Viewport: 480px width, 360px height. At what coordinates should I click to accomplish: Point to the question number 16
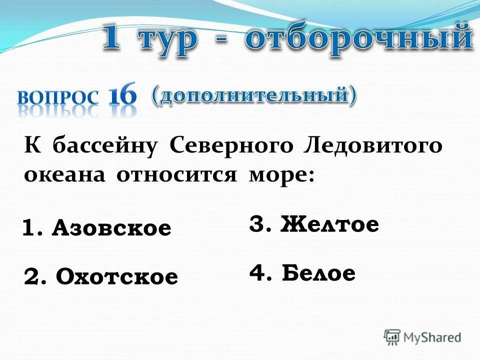tap(122, 95)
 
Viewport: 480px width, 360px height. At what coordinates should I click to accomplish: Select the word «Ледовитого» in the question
tap(372, 147)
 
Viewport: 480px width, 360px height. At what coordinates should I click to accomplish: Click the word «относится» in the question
tap(177, 175)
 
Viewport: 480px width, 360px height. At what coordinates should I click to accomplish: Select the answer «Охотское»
tap(116, 276)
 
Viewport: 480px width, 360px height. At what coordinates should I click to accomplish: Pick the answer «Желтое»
tap(329, 224)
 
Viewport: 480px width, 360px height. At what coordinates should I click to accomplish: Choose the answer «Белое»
tap(318, 273)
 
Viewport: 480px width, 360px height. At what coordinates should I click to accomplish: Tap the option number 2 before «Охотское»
tap(33, 276)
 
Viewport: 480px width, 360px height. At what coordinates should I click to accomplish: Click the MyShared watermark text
tap(432, 337)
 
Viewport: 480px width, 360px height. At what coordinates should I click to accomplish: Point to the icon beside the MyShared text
tap(392, 337)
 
